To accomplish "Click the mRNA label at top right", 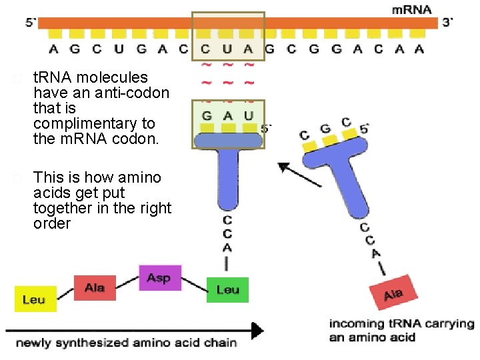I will pyautogui.click(x=411, y=10).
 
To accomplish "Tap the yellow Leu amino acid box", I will pyautogui.click(x=35, y=299).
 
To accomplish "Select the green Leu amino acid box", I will pyautogui.click(x=227, y=290).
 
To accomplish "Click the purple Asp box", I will pyautogui.click(x=159, y=277).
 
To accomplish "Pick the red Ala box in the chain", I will pyautogui.click(x=95, y=287).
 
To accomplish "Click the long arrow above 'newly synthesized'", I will pyautogui.click(x=133, y=329).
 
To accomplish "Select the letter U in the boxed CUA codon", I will pyautogui.click(x=227, y=48).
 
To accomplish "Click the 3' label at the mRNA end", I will pyautogui.click(x=448, y=21).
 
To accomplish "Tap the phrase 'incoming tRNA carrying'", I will pyautogui.click(x=401, y=324).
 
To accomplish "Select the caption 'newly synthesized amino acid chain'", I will pyautogui.click(x=127, y=343).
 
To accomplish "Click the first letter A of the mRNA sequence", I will pyautogui.click(x=55, y=48).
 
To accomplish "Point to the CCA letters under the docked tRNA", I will pyautogui.click(x=227, y=233).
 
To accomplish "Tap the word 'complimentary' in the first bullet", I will pyautogui.click(x=94, y=123).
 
